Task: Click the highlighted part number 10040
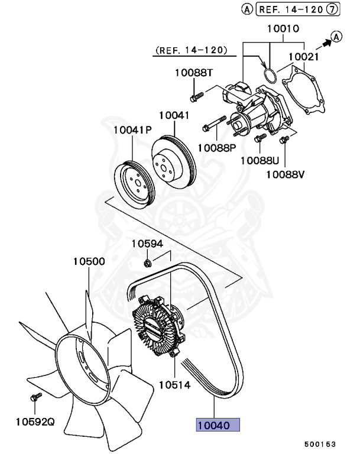pyautogui.click(x=218, y=424)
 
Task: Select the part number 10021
pyautogui.click(x=304, y=57)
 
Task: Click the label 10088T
pyautogui.click(x=193, y=73)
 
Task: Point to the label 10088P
pyautogui.click(x=217, y=147)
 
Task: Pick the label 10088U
pyautogui.click(x=259, y=160)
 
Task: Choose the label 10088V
pyautogui.click(x=284, y=174)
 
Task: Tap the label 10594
pyautogui.click(x=147, y=244)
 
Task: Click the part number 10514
pyautogui.click(x=174, y=385)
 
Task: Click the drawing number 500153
pyautogui.click(x=320, y=443)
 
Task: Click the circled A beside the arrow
pyautogui.click(x=336, y=37)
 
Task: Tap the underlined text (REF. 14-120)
pyautogui.click(x=190, y=51)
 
